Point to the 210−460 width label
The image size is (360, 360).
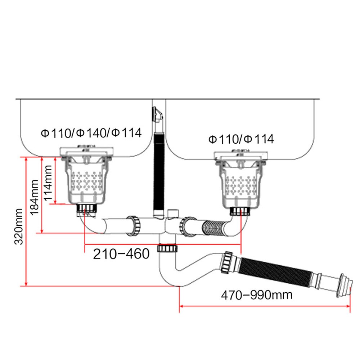pyautogui.click(x=121, y=254)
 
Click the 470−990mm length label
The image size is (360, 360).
pyautogui.click(x=257, y=295)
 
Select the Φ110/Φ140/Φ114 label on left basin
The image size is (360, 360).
pyautogui.click(x=91, y=133)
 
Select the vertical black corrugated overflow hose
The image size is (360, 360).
pyautogui.click(x=158, y=173)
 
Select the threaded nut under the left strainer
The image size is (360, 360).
pyautogui.click(x=87, y=208)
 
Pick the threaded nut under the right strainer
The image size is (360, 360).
pyautogui.click(x=240, y=211)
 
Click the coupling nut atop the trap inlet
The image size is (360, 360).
pyautogui.click(x=167, y=248)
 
